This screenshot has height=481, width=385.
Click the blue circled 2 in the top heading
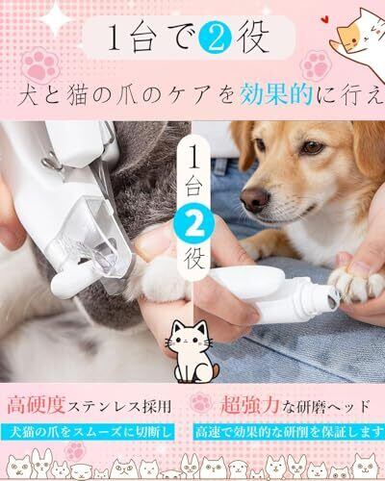(x=215, y=38)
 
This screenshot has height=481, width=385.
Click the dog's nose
(x=255, y=197)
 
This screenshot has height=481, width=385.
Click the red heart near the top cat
(x=325, y=19)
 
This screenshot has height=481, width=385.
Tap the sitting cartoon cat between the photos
(x=193, y=351)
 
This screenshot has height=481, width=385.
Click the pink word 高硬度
(x=37, y=405)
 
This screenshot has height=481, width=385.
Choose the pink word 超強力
(x=250, y=405)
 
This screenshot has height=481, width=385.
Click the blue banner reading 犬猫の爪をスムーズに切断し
(x=88, y=433)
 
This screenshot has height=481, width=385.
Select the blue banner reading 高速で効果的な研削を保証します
(x=289, y=433)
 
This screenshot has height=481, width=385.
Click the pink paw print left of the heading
(x=40, y=65)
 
